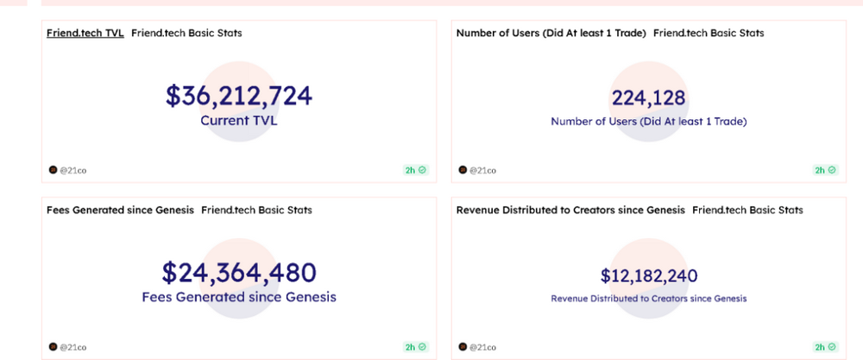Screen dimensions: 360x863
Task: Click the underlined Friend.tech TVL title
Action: pyautogui.click(x=85, y=34)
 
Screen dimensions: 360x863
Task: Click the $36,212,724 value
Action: pyautogui.click(x=239, y=96)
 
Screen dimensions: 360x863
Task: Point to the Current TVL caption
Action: pyautogui.click(x=239, y=121)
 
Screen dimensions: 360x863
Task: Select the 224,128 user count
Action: pyautogui.click(x=648, y=98)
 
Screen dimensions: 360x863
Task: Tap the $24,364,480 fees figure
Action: pyautogui.click(x=239, y=273)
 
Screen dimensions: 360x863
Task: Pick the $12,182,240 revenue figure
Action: pyautogui.click(x=649, y=276)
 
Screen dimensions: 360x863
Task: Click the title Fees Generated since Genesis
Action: pyautogui.click(x=120, y=210)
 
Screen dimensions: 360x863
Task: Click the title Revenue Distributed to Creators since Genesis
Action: pyautogui.click(x=570, y=210)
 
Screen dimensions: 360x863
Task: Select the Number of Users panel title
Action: pyautogui.click(x=551, y=34)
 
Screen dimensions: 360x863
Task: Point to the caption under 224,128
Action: pyautogui.click(x=649, y=122)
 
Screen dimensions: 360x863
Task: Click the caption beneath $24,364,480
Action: pyautogui.click(x=239, y=297)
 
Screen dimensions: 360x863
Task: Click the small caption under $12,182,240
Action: pyautogui.click(x=649, y=299)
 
